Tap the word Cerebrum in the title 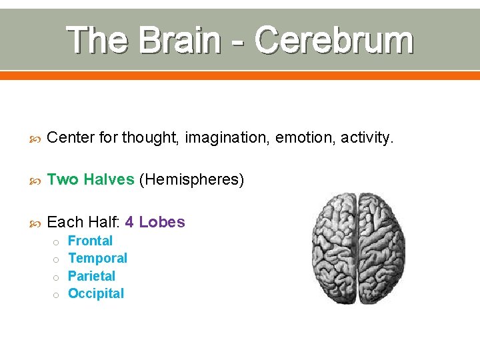[333, 41]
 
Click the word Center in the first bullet [71, 138]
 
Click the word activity [367, 138]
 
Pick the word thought [150, 138]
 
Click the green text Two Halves [91, 180]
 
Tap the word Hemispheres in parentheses [191, 180]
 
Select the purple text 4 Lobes [155, 222]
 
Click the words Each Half [83, 222]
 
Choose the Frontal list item [90, 241]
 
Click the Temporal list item [97, 258]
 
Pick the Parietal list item [91, 276]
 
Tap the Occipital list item [96, 293]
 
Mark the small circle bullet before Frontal [57, 242]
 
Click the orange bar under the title [240, 75]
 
